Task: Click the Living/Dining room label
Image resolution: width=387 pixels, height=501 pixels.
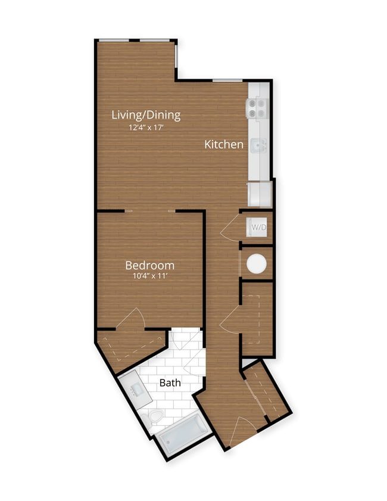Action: (x=146, y=115)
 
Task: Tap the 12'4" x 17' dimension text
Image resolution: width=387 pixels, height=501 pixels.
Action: (x=146, y=127)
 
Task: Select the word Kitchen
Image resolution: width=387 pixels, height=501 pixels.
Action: (x=224, y=144)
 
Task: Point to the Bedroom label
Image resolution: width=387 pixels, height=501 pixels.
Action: (x=149, y=265)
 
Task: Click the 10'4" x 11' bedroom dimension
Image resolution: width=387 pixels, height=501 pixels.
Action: (x=149, y=276)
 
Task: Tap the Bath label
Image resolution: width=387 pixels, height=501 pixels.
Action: (x=170, y=382)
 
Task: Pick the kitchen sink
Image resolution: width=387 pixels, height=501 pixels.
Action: (x=258, y=145)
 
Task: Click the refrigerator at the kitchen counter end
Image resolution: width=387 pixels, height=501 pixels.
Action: (x=260, y=194)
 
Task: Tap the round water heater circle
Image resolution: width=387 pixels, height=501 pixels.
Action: (x=257, y=264)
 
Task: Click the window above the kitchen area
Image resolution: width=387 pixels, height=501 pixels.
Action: (x=227, y=80)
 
